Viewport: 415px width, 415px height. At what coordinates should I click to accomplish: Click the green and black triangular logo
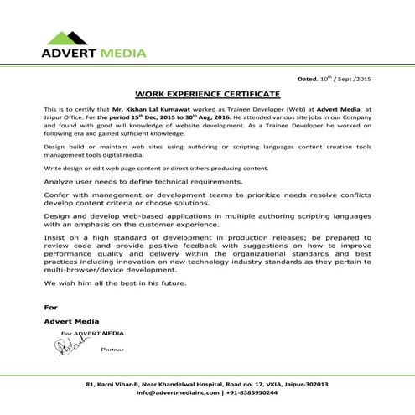[65, 36]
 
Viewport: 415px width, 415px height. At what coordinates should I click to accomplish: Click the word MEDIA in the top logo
[122, 54]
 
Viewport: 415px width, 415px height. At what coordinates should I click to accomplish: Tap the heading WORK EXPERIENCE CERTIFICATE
[207, 94]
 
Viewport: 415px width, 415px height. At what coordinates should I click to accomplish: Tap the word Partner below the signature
[112, 348]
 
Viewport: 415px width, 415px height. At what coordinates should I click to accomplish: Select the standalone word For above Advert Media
[50, 307]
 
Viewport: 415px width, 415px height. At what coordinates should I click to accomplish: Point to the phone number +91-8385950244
[252, 392]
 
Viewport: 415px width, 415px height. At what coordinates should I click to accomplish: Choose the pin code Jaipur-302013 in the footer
[303, 384]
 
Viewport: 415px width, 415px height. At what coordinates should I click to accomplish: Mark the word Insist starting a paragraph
[54, 237]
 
